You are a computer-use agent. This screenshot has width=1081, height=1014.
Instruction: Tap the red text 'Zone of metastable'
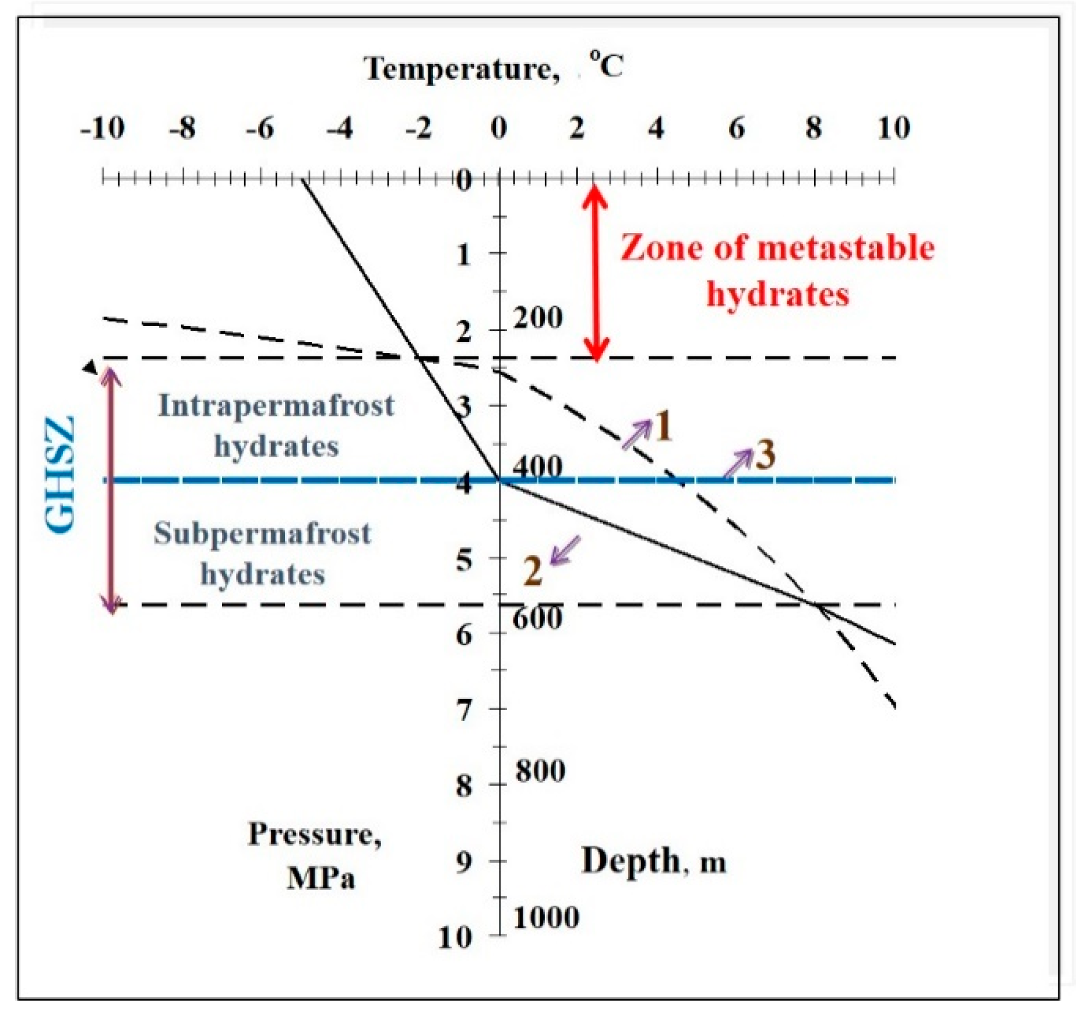pos(776,248)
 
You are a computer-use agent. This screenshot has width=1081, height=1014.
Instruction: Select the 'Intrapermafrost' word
pos(276,405)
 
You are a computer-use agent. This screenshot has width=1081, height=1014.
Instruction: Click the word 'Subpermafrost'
pos(262,533)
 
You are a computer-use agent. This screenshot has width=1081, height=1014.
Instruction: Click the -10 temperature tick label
pos(103,128)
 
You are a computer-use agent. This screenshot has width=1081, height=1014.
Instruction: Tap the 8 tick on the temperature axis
pos(814,128)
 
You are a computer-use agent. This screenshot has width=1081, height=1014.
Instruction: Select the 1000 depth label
pos(546,917)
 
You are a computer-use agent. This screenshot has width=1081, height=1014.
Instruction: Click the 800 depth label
pos(540,771)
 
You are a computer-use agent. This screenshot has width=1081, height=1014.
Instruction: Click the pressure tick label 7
pos(463,711)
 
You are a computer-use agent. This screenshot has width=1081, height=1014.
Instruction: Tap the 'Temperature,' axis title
pos(462,69)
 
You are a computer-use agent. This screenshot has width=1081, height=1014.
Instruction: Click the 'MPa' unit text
pos(321,878)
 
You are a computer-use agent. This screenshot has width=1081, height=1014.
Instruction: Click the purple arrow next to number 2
pos(565,550)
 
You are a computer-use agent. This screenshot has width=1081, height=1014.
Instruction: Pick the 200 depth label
pos(538,318)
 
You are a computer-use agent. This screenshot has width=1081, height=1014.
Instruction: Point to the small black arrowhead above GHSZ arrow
pos(90,367)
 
